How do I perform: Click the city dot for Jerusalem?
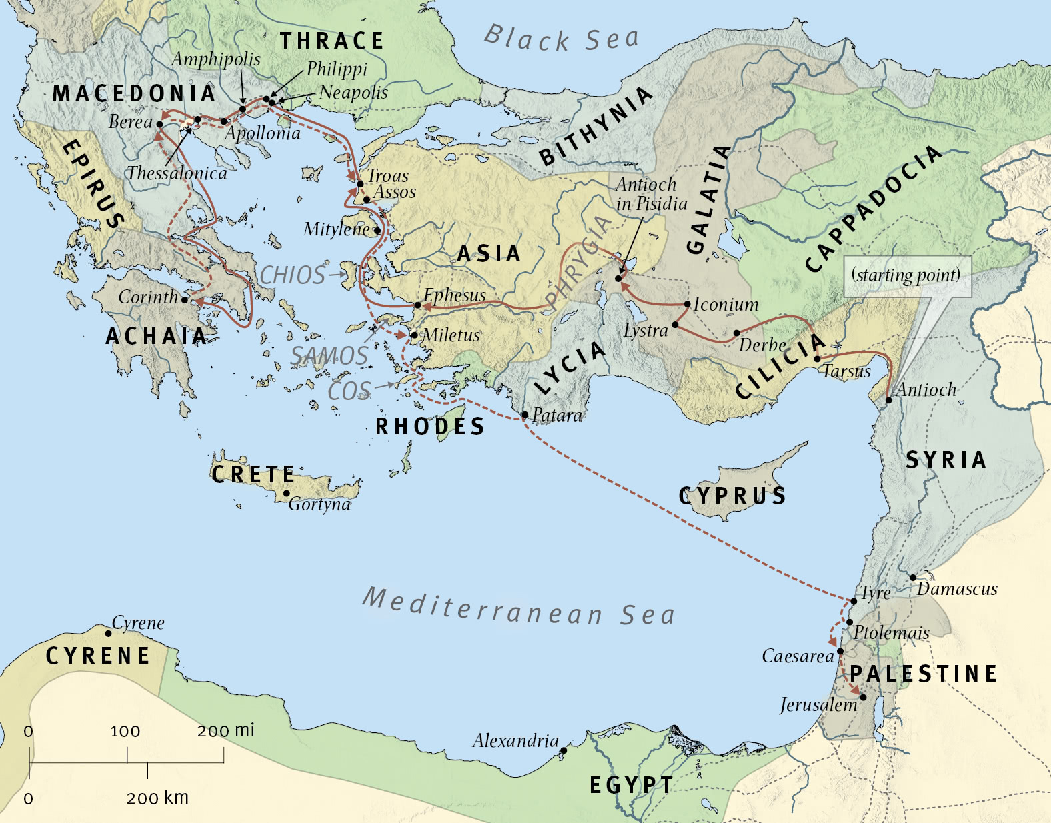point(863,698)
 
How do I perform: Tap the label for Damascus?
point(956,589)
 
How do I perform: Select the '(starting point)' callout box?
point(907,275)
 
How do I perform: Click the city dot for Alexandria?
point(564,750)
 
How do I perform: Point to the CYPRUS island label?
point(732,496)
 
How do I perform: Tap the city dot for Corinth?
point(185,300)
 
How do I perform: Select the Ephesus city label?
point(455,295)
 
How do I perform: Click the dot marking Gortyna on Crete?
point(287,494)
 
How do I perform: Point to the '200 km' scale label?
point(157,798)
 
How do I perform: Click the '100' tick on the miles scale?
point(125,732)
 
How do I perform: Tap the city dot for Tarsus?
point(818,359)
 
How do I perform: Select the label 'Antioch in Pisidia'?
point(650,194)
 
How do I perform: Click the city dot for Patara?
point(525,415)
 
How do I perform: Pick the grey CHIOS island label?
point(292,275)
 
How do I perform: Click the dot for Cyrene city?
point(109,633)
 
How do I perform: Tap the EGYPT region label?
point(631,785)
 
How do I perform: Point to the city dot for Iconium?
point(688,304)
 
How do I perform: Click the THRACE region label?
point(331,41)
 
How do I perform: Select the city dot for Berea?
point(159,124)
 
